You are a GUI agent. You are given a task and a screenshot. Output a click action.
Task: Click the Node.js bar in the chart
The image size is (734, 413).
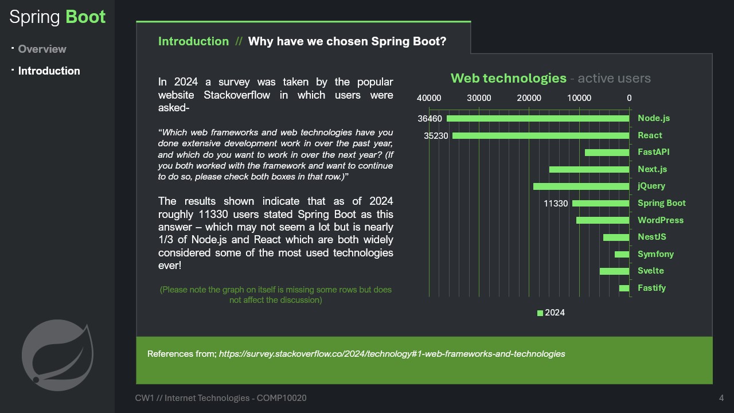tap(538, 118)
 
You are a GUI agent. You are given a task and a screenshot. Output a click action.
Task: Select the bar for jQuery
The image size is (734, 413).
tap(581, 186)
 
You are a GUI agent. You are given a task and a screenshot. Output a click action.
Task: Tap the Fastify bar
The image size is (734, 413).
tap(624, 288)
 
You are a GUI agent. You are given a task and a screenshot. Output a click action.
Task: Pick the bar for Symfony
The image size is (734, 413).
tap(622, 254)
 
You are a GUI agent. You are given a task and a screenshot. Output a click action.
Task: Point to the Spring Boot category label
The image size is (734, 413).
tap(661, 203)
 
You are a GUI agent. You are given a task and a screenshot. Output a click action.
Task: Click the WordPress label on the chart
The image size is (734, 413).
tap(660, 220)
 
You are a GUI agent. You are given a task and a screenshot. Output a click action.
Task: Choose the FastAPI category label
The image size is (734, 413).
tap(653, 152)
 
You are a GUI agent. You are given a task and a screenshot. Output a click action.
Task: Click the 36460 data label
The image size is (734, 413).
tap(430, 119)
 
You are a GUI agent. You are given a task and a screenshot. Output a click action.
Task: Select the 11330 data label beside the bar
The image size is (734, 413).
tap(556, 204)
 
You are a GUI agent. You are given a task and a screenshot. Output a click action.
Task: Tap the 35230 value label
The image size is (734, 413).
tap(436, 136)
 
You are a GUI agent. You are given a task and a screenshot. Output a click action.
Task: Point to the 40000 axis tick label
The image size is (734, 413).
tap(429, 98)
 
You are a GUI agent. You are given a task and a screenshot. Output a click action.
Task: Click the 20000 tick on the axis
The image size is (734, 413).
tap(529, 98)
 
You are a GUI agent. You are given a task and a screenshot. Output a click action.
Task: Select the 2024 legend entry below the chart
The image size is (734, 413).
tap(551, 313)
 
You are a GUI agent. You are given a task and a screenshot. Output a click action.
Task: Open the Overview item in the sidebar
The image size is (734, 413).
tap(42, 49)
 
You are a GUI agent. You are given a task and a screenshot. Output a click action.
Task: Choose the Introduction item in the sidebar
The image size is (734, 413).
tap(49, 71)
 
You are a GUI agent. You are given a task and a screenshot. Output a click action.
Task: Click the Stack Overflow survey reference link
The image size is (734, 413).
tap(392, 354)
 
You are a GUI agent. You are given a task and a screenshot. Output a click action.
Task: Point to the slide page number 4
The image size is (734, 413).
tap(721, 398)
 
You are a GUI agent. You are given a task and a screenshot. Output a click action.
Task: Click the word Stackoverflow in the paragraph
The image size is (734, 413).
tap(237, 95)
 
